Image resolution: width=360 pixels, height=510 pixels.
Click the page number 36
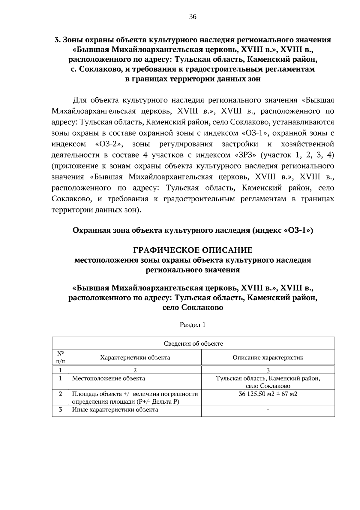(x=193, y=17)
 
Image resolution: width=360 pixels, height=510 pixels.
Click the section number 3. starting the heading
(x=58, y=40)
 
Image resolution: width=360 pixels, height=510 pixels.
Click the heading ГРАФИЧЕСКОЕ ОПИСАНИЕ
(x=193, y=250)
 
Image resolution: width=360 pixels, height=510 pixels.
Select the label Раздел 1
(x=193, y=325)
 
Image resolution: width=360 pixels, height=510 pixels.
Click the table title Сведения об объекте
(x=193, y=344)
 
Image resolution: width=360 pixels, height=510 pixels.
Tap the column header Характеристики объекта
(x=135, y=357)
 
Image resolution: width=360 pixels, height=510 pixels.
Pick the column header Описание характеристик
(x=268, y=357)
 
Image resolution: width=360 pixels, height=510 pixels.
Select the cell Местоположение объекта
(x=109, y=378)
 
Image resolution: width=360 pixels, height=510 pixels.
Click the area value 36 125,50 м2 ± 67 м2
(x=268, y=394)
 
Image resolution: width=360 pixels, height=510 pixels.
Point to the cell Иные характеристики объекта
(x=115, y=410)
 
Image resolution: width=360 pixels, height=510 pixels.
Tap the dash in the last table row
(x=268, y=410)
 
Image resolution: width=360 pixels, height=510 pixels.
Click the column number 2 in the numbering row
(x=135, y=370)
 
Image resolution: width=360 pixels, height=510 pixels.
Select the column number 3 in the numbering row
(x=268, y=370)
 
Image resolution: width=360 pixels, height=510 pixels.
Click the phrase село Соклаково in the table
(x=268, y=386)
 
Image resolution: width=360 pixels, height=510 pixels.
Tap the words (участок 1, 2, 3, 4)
(x=297, y=155)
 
